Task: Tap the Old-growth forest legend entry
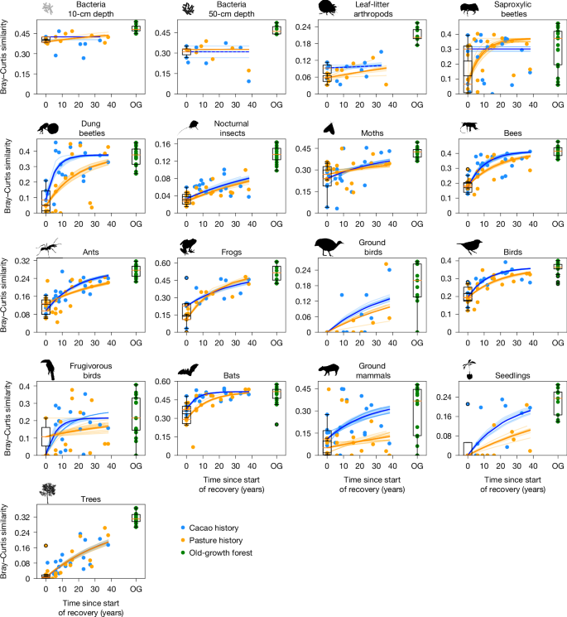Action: pyautogui.click(x=224, y=552)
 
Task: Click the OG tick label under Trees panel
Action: pyautogui.click(x=136, y=593)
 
